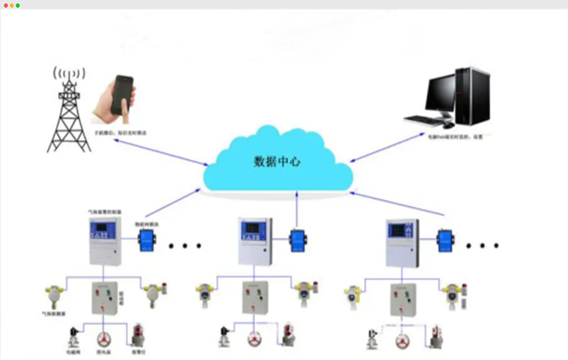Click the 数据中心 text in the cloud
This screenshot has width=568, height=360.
(277, 162)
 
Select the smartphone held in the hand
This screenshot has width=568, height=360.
(121, 97)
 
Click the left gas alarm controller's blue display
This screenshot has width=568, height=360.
(101, 230)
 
